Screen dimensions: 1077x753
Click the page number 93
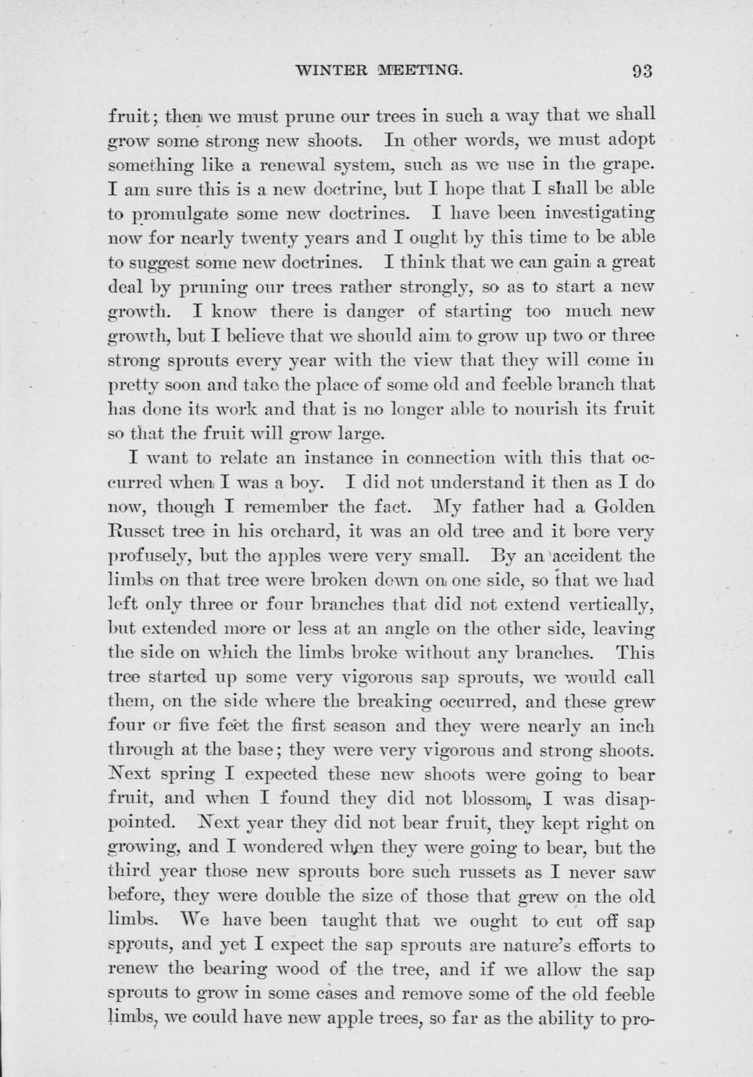[642, 71]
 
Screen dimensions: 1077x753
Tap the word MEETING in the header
[421, 71]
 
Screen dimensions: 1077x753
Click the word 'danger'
[368, 311]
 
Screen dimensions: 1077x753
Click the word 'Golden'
[624, 507]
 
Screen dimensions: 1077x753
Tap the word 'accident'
[575, 556]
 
